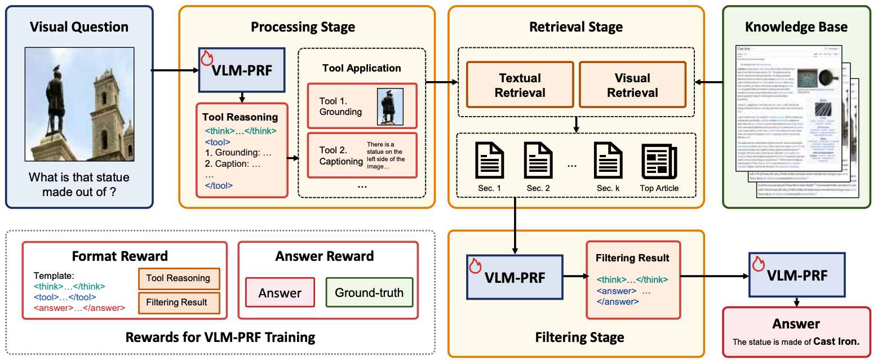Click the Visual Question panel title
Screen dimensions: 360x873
79,26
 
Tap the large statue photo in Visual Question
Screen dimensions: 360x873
79,104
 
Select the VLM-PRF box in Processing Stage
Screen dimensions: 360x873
242,70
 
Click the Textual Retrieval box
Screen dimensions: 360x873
520,85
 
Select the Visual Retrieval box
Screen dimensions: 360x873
632,85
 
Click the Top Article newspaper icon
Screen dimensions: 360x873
659,161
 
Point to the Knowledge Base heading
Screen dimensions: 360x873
796,27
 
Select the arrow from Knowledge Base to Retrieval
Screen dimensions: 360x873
708,83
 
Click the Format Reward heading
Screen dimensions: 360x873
119,256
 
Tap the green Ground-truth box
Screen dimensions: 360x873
369,292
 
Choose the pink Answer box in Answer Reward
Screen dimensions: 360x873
280,292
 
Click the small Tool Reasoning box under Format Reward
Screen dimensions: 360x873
178,278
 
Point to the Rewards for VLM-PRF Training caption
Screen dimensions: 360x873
220,337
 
